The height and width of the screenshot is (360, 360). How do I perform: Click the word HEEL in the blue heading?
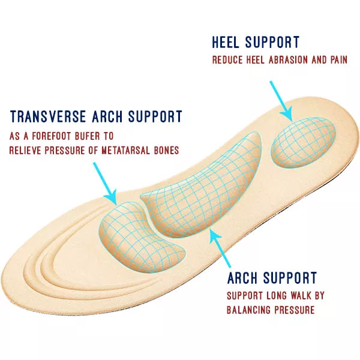coord(225,42)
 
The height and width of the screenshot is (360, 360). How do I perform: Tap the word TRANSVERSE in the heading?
coord(48,116)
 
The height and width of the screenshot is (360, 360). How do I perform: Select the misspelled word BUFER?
coord(88,136)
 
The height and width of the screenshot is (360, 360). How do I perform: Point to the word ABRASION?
coord(288,60)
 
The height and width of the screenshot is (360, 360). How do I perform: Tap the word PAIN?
coord(339,60)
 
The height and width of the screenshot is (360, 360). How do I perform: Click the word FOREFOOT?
coord(51,136)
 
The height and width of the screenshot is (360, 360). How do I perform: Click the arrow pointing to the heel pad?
coord(281,101)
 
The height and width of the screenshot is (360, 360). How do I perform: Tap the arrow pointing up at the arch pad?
coord(220,248)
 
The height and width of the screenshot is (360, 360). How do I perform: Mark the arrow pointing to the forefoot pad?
coord(105,184)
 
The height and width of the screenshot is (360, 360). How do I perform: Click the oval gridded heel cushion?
coord(304,142)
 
